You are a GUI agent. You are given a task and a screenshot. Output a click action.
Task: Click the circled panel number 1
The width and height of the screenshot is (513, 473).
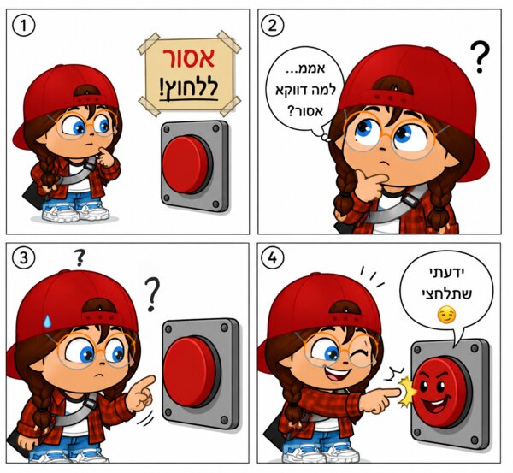[24, 26]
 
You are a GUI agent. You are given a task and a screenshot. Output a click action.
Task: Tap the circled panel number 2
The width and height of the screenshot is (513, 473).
[273, 26]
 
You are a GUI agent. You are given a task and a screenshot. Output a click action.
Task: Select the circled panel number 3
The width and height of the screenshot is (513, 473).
[24, 258]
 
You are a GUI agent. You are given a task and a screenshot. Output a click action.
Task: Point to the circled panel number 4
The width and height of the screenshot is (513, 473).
[273, 258]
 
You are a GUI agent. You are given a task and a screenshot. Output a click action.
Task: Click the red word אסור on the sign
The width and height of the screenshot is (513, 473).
[189, 58]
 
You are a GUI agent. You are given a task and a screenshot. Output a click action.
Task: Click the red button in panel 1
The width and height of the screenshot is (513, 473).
[186, 164]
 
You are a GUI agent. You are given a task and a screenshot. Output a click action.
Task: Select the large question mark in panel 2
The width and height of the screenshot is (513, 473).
[480, 56]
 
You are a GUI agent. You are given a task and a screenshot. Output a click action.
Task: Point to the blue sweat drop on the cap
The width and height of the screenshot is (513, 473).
[47, 321]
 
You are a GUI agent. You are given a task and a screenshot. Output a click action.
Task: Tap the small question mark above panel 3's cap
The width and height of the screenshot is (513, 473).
[80, 257]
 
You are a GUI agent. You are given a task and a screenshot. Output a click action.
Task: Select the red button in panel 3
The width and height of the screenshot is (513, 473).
[191, 372]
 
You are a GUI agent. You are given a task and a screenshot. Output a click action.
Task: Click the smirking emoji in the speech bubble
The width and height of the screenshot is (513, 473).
[446, 315]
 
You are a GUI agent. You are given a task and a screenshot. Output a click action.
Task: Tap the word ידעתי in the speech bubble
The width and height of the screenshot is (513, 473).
[446, 272]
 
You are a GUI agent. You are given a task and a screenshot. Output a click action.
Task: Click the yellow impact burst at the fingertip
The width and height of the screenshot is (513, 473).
[407, 393]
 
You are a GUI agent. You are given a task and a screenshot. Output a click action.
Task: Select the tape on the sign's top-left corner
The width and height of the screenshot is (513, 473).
[148, 44]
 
